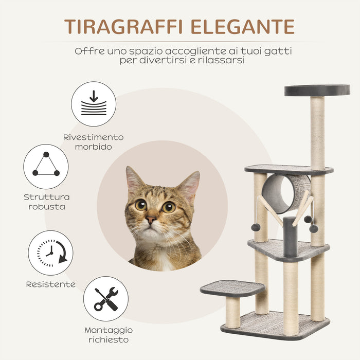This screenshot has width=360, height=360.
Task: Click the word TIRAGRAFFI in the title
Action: pyautogui.click(x=123, y=27)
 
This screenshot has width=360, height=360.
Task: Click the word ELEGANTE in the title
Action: pyautogui.click(x=243, y=27)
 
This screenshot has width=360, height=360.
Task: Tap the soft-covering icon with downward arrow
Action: pyautogui.click(x=94, y=104)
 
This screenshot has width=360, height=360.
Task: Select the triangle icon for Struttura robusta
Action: pyautogui.click(x=46, y=167)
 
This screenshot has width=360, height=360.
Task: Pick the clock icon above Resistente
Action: pyautogui.click(x=51, y=253)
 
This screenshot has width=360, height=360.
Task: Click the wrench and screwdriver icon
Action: pyautogui.click(x=106, y=299)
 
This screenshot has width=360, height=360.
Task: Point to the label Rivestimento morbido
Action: pyautogui.click(x=94, y=142)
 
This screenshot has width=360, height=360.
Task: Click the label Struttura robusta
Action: pyautogui.click(x=47, y=202)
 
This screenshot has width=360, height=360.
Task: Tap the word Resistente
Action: pyautogui.click(x=51, y=284)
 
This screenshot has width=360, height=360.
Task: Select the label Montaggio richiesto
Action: pyautogui.click(x=109, y=335)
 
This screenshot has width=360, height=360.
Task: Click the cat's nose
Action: pyautogui.click(x=151, y=219)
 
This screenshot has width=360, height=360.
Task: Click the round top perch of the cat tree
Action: pyautogui.click(x=317, y=90)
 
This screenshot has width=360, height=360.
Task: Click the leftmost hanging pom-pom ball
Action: pyautogui.click(x=255, y=227)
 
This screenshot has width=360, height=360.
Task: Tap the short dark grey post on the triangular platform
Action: pyautogui.click(x=290, y=237)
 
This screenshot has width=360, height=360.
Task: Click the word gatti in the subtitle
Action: pyautogui.click(x=278, y=51)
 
